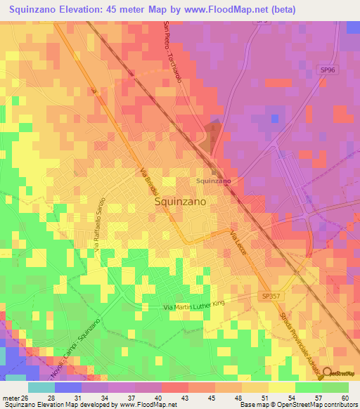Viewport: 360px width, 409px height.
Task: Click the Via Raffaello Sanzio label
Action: pyautogui.click(x=98, y=224)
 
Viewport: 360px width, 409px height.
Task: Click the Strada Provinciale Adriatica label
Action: pyautogui.click(x=300, y=338)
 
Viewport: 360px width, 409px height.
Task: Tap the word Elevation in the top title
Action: pyautogui.click(x=86, y=10)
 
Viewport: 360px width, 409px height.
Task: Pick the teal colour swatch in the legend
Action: pyautogui.click(x=41, y=387)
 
